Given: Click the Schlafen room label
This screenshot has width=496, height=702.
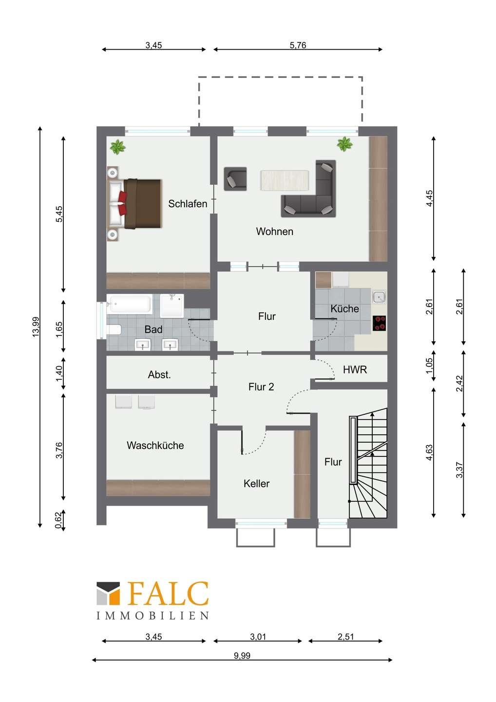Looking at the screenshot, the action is click(188, 204).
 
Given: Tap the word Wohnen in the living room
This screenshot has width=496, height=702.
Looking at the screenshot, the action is click(275, 231).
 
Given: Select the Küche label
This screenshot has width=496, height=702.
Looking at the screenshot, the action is click(344, 309).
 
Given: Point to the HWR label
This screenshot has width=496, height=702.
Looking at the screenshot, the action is click(355, 370).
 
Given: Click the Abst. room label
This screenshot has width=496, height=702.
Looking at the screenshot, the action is click(159, 374).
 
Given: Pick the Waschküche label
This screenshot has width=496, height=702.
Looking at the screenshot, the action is click(155, 446).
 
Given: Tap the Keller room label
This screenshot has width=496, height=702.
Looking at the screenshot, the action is click(256, 484).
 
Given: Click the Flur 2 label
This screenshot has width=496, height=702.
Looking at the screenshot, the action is click(261, 387).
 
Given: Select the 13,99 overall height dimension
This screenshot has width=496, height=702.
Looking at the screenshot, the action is click(36, 327).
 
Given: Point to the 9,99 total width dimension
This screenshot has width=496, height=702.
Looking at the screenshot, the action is click(242, 656).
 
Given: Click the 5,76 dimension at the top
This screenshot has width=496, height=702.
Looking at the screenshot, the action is click(298, 45).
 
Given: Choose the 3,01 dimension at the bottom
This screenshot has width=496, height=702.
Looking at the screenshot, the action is click(258, 637).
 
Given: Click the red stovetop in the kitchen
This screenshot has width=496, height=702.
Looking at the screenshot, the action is click(379, 323).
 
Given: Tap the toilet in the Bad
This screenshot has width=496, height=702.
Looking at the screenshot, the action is click(113, 330).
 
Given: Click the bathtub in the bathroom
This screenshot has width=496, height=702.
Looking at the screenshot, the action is click(129, 303).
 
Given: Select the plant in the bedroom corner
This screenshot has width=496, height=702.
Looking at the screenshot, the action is click(118, 146).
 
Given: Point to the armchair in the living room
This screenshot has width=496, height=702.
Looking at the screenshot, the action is click(235, 178).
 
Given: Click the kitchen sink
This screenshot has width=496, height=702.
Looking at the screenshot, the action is click(379, 297).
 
